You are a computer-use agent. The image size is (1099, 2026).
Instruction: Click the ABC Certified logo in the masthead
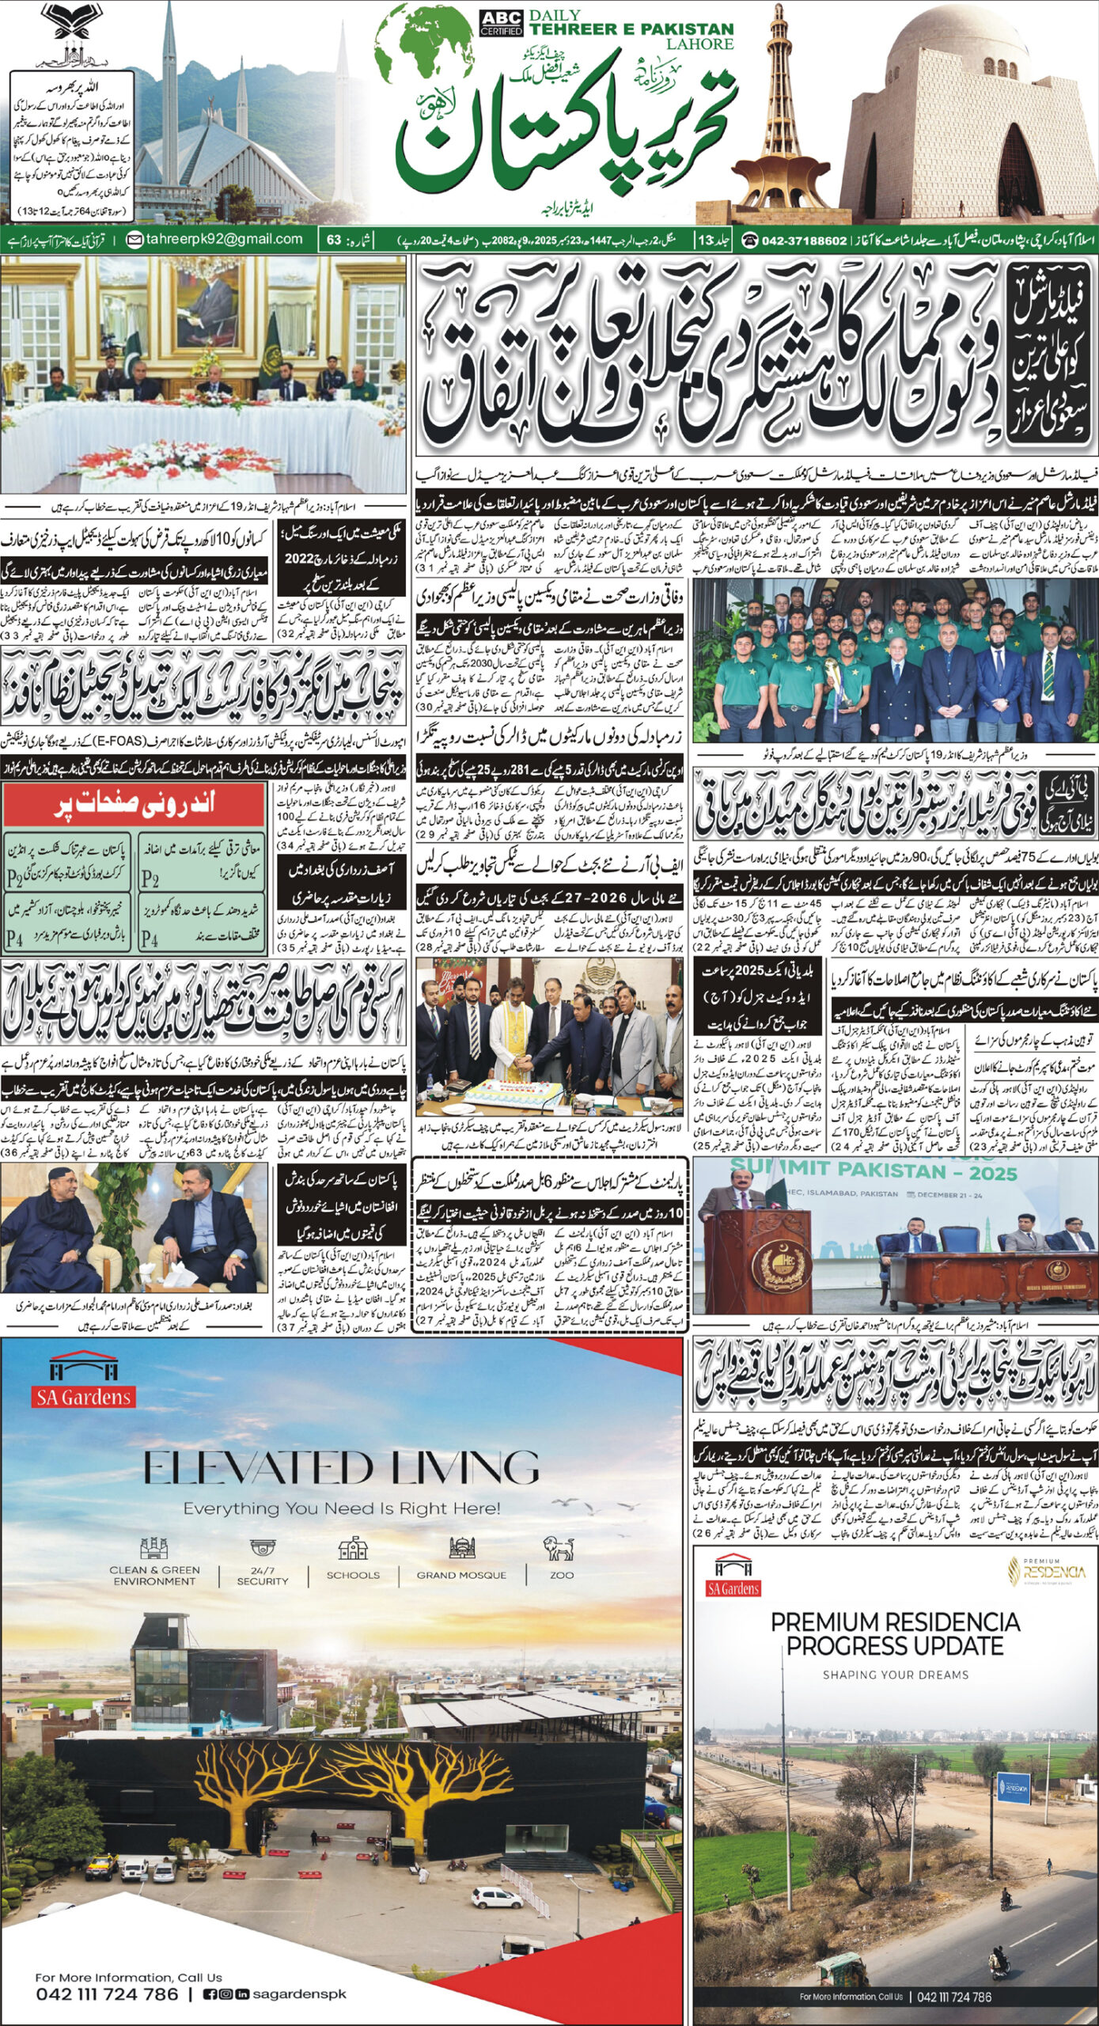click(x=501, y=24)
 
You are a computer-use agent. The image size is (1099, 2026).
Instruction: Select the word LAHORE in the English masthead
click(x=699, y=44)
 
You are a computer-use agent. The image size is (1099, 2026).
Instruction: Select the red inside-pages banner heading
click(x=134, y=806)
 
